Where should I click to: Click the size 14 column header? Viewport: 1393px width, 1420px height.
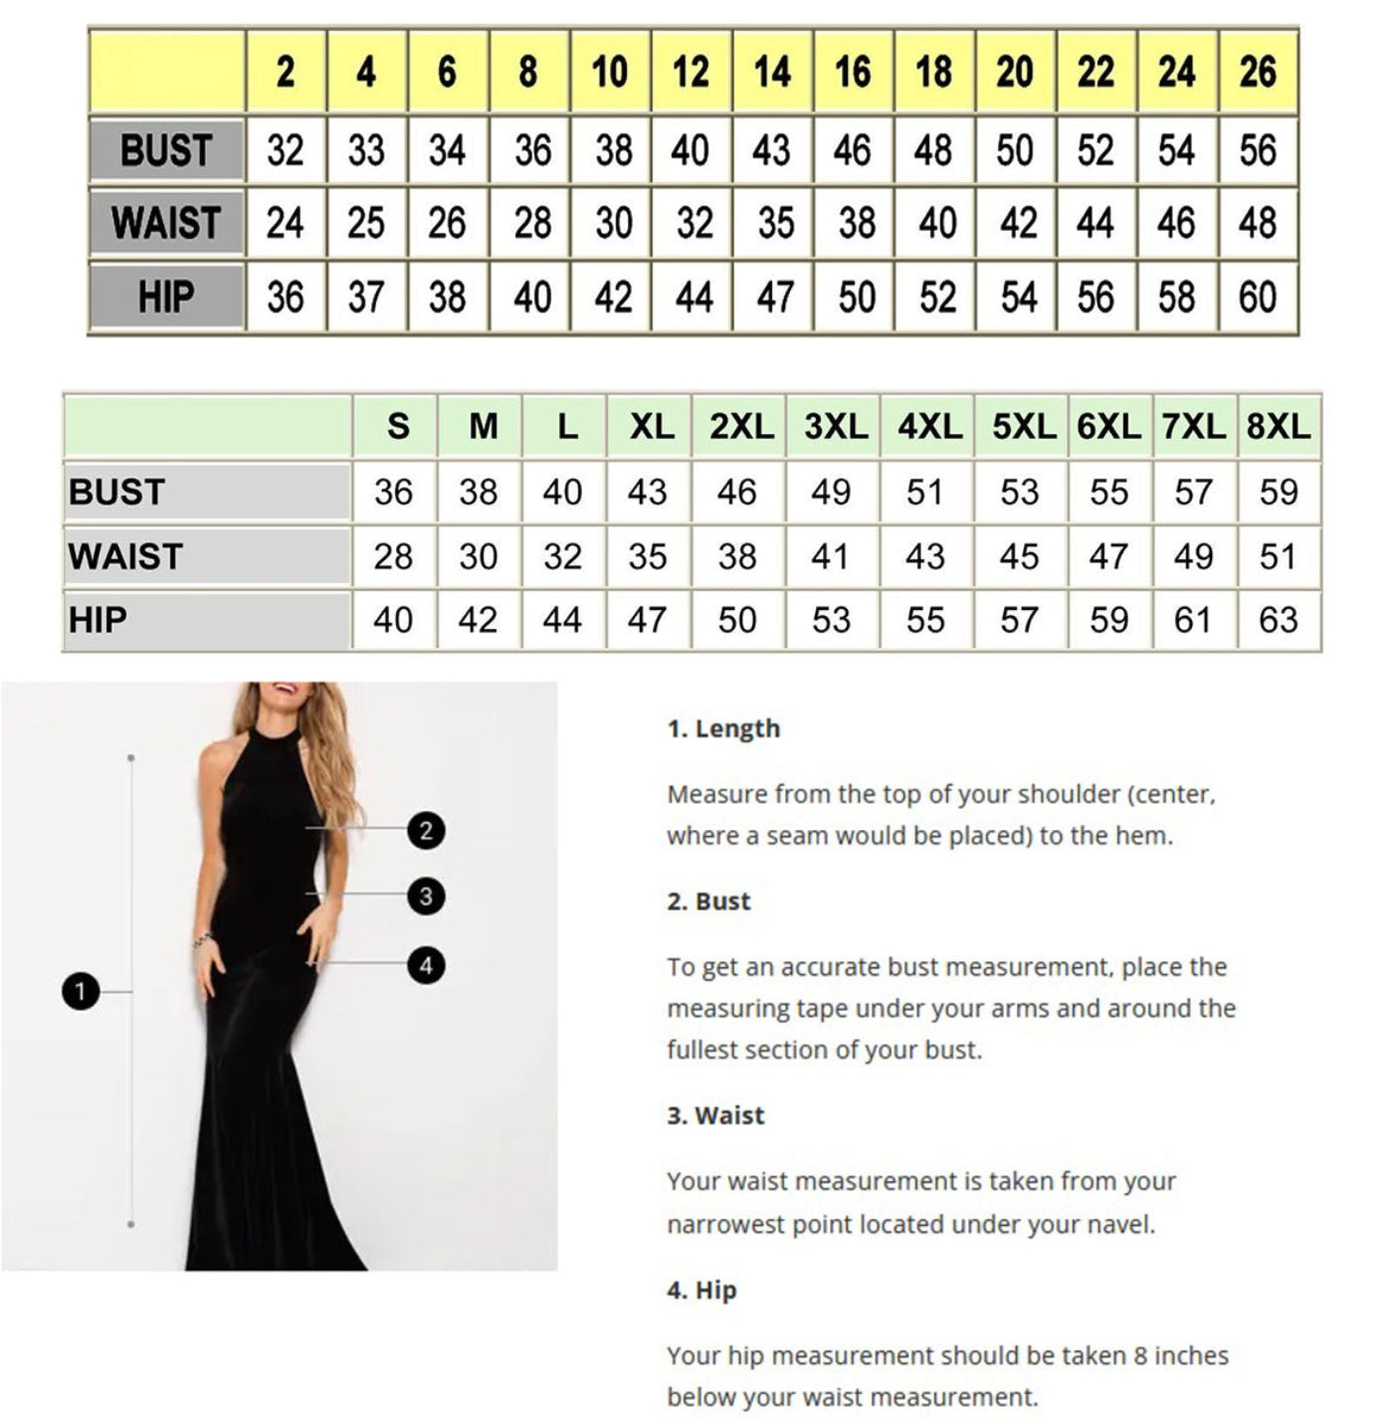(x=772, y=72)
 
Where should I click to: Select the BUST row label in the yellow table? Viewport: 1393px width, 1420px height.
(x=166, y=150)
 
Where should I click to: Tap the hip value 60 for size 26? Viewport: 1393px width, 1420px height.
(x=1258, y=297)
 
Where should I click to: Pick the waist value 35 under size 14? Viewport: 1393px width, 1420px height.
(x=775, y=223)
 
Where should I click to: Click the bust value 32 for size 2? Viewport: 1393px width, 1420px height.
(x=285, y=150)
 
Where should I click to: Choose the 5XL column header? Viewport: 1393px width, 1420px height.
(x=1023, y=427)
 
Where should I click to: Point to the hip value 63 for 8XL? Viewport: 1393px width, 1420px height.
(x=1279, y=620)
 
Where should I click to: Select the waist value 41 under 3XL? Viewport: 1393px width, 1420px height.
(x=830, y=556)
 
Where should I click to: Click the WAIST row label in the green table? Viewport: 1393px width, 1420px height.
(x=126, y=556)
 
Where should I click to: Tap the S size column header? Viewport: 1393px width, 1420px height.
(x=397, y=427)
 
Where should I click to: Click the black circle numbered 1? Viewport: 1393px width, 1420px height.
(x=81, y=991)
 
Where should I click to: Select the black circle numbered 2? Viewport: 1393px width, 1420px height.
(x=426, y=830)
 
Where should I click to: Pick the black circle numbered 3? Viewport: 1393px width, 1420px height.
(x=426, y=897)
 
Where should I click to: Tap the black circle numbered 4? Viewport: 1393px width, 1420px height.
(x=426, y=964)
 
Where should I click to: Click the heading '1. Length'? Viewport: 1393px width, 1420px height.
(x=723, y=728)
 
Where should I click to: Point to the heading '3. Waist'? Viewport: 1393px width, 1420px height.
(x=715, y=1116)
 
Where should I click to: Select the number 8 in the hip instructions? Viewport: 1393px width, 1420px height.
(x=1099, y=1355)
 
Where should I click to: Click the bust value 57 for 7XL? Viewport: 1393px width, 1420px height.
(x=1193, y=492)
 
